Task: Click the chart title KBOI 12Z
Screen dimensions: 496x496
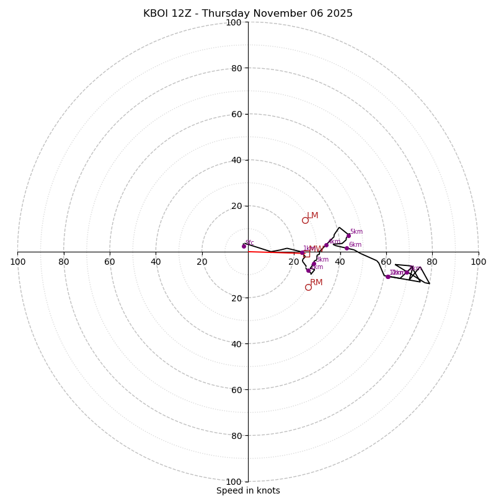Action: pos(248,14)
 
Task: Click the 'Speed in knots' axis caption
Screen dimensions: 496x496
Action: pos(248,490)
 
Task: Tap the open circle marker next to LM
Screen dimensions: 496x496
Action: pos(305,220)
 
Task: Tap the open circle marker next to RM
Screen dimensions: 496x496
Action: pos(308,287)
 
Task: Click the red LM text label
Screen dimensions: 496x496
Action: pos(312,216)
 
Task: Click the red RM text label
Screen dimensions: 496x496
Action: pos(316,283)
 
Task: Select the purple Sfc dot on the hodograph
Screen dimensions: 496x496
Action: pos(244,246)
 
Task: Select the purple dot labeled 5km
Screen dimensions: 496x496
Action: pos(348,236)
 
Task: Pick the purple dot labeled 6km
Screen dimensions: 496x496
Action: pos(347,248)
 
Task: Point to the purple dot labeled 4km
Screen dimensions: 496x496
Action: pos(326,245)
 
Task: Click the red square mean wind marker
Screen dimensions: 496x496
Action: pos(306,254)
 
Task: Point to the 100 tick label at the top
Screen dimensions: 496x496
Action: pos(234,22)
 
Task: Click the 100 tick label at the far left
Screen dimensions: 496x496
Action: pos(17,262)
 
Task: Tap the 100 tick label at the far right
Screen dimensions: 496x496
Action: pos(478,262)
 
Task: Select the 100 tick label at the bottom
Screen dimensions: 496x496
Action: pos(234,482)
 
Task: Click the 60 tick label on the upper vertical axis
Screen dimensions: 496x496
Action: pos(236,114)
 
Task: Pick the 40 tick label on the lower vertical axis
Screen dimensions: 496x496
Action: pos(236,343)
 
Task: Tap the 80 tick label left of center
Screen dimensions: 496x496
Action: pos(64,262)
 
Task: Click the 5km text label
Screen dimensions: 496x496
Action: pos(356,232)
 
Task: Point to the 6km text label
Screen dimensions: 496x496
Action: pos(355,245)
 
